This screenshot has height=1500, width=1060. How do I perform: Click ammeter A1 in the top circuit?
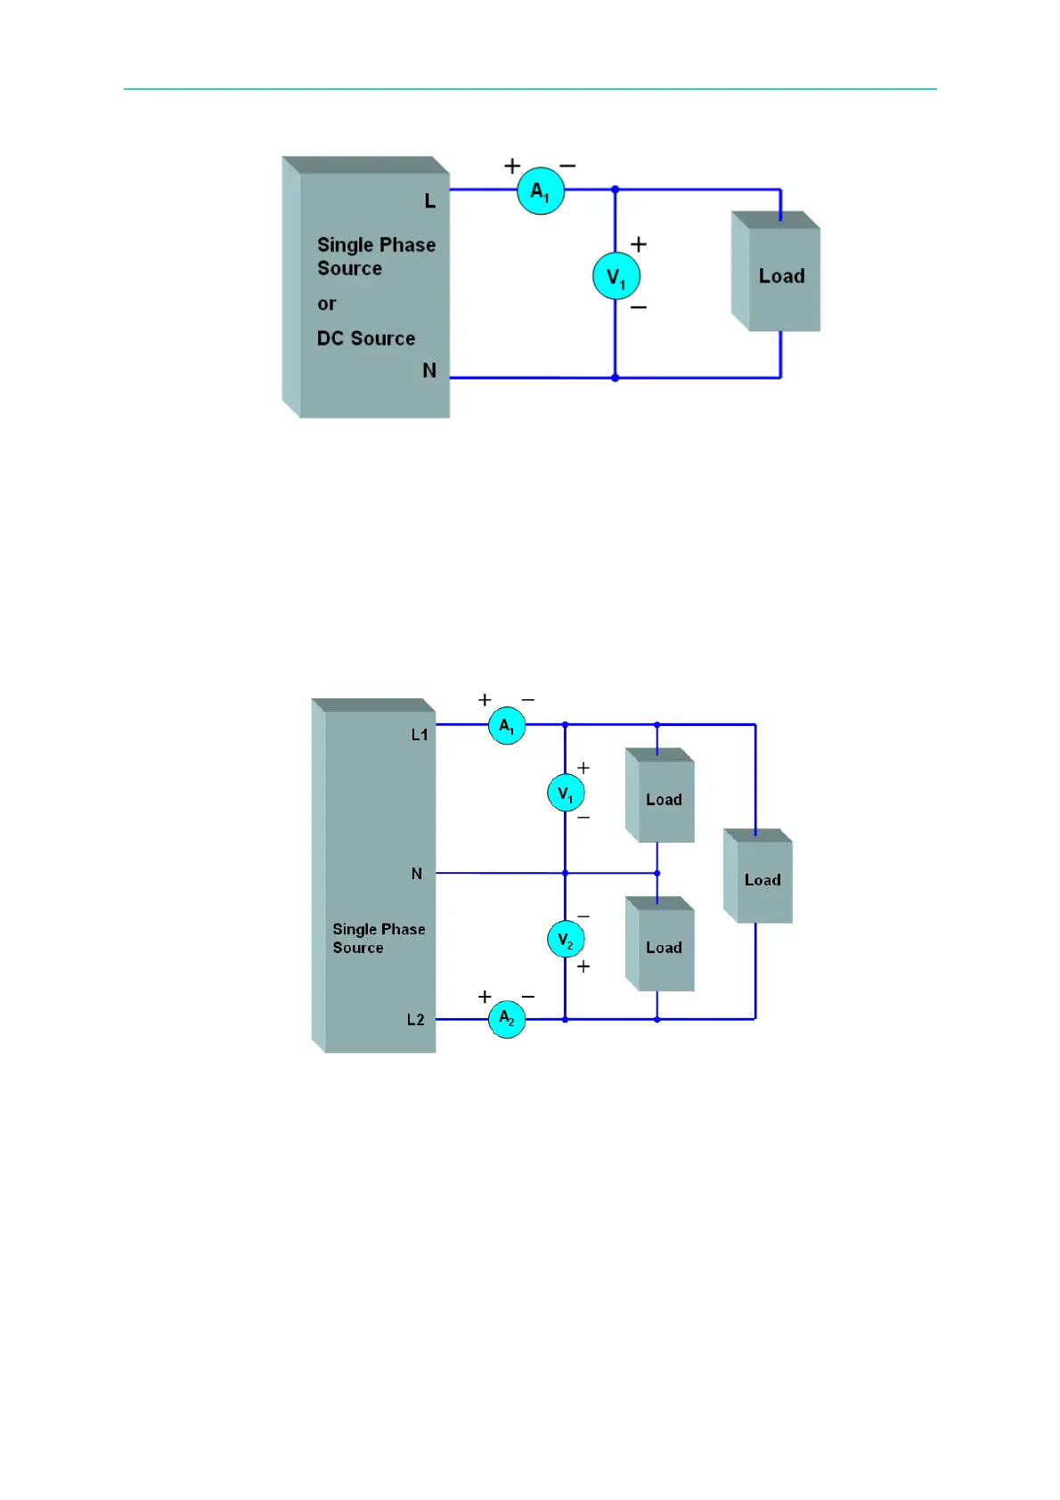point(541,191)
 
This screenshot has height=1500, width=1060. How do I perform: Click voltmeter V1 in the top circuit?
point(616,276)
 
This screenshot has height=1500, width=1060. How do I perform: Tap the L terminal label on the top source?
point(430,201)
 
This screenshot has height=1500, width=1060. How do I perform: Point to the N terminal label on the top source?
point(429,371)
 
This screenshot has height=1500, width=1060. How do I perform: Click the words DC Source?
point(366,338)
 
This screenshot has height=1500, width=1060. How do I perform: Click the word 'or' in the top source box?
point(327,304)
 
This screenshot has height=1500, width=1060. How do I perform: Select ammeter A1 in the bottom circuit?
point(507,726)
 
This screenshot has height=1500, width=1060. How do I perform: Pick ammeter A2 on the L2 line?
point(507,1018)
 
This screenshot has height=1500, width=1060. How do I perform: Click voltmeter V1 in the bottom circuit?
point(566,793)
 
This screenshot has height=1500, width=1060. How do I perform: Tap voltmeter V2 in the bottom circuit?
point(566,940)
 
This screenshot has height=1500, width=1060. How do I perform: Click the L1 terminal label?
point(420,735)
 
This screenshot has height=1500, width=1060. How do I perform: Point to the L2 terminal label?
point(416,1020)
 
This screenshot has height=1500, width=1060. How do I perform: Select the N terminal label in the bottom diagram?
point(417,874)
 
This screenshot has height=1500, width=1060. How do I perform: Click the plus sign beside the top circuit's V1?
point(639,244)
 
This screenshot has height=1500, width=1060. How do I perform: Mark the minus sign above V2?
point(583,916)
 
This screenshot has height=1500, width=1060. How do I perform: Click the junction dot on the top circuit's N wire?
point(615,378)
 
